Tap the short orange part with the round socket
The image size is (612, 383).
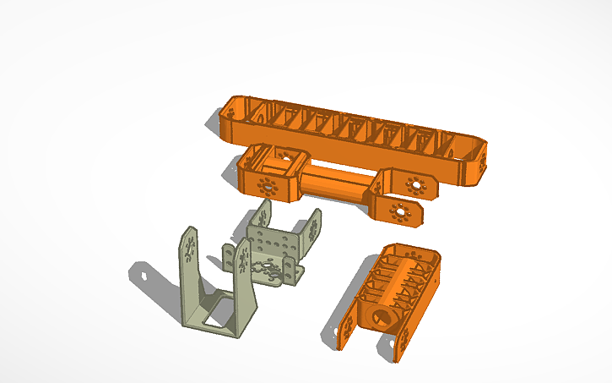(397, 287)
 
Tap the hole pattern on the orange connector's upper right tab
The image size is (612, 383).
(414, 183)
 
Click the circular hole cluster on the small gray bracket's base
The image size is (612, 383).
(272, 272)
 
